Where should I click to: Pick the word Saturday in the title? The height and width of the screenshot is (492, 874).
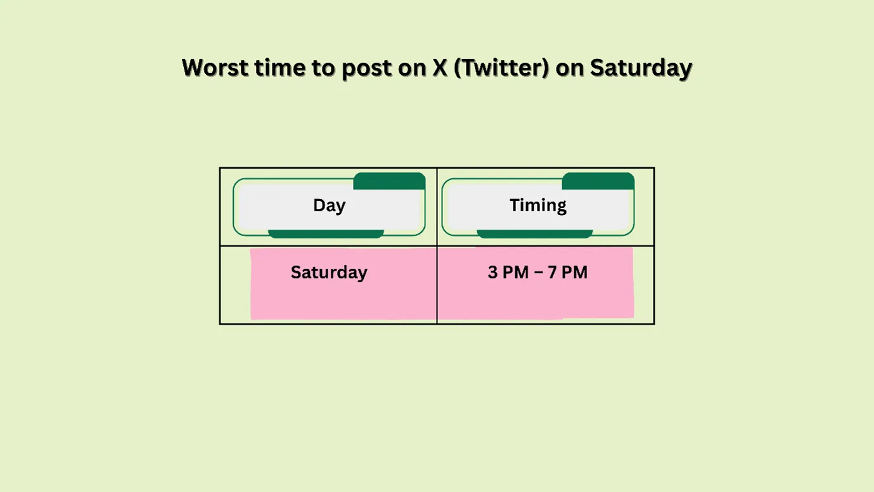(x=641, y=68)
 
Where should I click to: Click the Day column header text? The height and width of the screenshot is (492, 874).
(x=329, y=205)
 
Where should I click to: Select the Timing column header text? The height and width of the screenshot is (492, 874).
(x=538, y=205)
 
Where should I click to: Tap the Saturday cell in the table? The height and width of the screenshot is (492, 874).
(x=329, y=273)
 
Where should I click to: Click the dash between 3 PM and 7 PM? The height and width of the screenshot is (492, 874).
(x=537, y=273)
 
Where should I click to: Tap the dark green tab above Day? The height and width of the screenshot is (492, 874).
(x=389, y=181)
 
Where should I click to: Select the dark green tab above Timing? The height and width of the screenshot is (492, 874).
(x=598, y=181)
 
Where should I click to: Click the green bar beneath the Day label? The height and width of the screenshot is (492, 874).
(x=326, y=234)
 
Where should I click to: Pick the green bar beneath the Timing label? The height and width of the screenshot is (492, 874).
(x=534, y=234)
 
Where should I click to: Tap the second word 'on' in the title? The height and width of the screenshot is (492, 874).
(x=570, y=68)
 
